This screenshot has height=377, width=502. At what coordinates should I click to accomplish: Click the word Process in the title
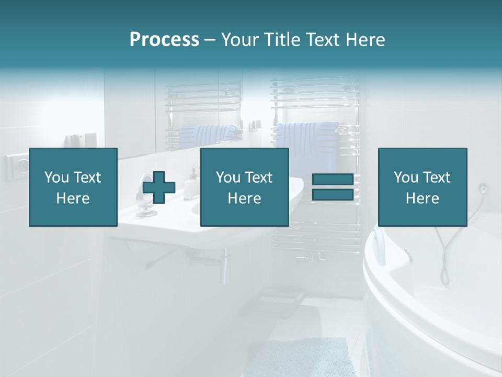point(164,40)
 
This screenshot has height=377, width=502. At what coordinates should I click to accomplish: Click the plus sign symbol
point(159,188)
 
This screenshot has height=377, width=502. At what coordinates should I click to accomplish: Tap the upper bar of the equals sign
point(333,180)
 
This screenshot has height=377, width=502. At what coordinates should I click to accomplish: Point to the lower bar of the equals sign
point(333,195)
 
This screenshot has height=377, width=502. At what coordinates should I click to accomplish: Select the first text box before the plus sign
point(73,187)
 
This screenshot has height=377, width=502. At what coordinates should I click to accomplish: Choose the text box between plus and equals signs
point(244,187)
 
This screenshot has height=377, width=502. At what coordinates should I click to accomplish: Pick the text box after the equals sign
point(422,187)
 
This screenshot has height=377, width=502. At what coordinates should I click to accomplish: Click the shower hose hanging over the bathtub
point(444,251)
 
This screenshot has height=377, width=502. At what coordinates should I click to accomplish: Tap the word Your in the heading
point(239,40)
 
